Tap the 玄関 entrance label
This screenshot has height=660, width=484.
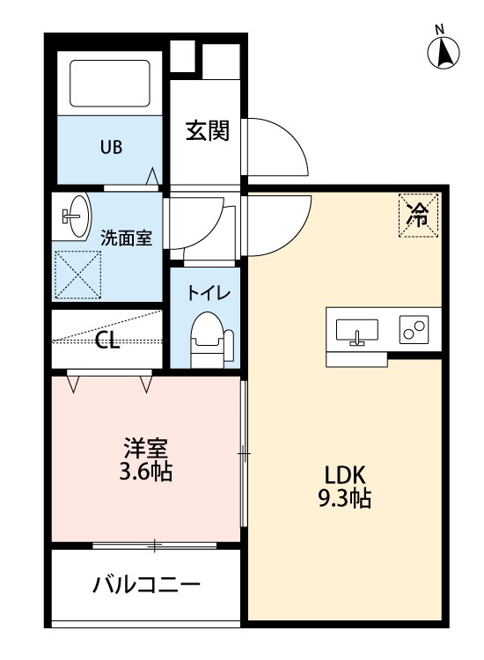pyautogui.click(x=207, y=132)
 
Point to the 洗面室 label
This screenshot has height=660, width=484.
pyautogui.click(x=126, y=237)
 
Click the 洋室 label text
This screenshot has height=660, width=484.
pyautogui.click(x=145, y=447)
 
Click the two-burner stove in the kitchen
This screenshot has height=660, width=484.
pyautogui.click(x=414, y=330)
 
